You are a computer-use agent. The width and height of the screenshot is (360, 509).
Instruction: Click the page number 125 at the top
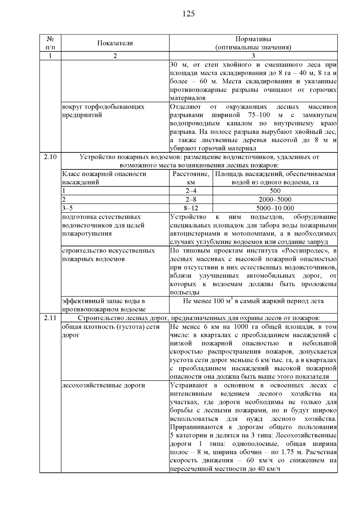(189, 14)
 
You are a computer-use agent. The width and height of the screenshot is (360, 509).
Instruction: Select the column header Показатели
(115, 43)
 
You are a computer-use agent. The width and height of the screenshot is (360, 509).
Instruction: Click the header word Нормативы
(253, 39)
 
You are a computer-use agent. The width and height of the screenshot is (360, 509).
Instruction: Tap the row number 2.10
(50, 157)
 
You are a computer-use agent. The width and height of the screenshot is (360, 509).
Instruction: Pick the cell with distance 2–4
(191, 191)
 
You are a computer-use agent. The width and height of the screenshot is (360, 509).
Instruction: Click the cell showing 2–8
(191, 199)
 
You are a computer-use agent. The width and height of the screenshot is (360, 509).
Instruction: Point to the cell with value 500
(275, 191)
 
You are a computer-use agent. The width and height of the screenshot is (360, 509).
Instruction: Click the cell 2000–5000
(275, 199)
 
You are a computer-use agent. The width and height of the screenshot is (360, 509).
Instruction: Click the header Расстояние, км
(191, 178)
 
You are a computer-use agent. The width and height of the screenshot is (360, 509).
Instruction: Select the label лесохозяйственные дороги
(103, 385)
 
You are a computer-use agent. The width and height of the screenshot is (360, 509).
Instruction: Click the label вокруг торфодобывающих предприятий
(103, 111)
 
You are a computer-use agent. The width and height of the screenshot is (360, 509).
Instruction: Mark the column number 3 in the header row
(253, 56)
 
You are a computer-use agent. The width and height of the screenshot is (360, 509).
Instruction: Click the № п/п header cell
(50, 43)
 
